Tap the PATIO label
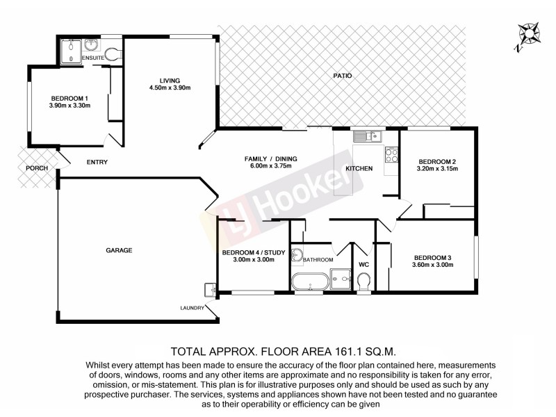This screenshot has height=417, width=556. tap(341, 75)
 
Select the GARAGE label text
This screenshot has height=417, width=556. tap(119, 250)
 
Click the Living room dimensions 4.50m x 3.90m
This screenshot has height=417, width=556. tap(170, 88)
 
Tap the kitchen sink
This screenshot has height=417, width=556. tap(363, 136)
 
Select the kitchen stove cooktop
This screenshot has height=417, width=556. tap(390, 154)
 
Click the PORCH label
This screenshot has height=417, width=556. tap(31, 167)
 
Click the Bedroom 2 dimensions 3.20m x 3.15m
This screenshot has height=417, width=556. tap(436, 169)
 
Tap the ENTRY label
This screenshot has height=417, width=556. tap(97, 163)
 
